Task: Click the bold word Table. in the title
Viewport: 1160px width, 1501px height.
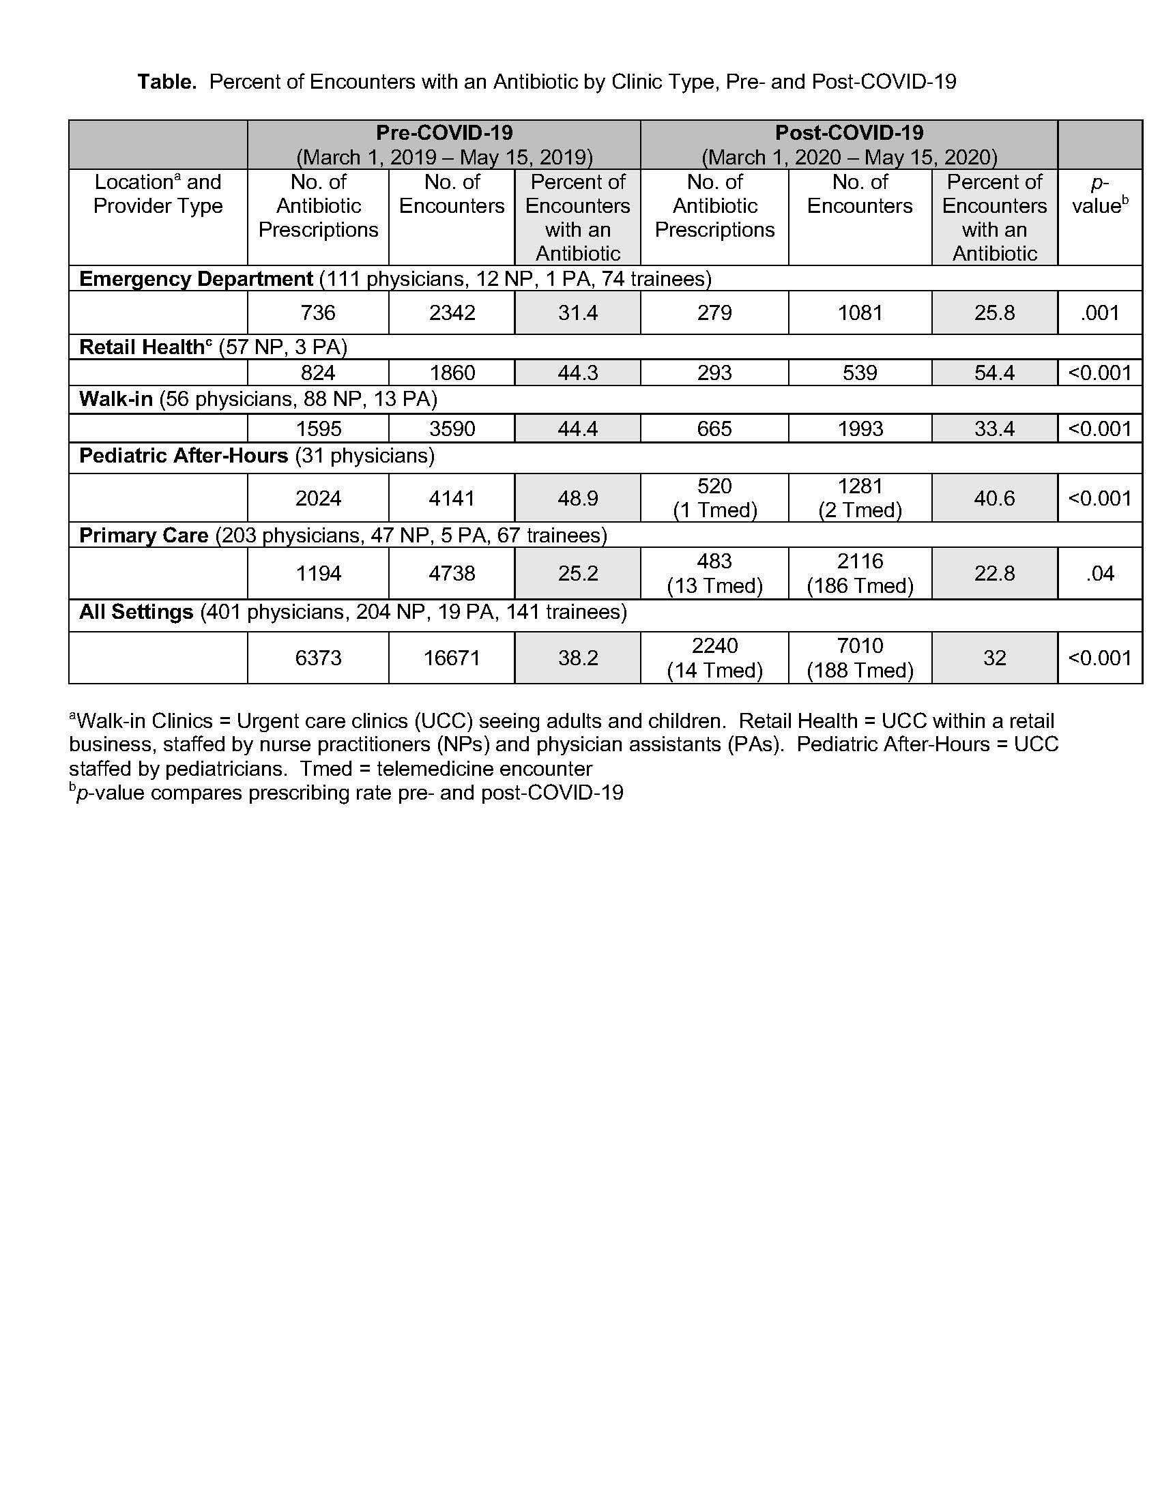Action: click(167, 82)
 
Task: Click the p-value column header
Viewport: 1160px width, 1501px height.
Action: click(1099, 194)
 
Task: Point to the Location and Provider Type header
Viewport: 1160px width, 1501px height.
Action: click(158, 194)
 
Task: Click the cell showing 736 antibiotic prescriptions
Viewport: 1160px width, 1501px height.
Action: click(318, 312)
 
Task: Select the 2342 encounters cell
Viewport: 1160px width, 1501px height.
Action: click(452, 312)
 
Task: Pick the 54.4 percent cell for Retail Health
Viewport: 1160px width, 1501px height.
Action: click(994, 373)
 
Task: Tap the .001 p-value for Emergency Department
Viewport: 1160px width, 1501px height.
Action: click(1099, 312)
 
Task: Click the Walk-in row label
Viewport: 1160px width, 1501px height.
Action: click(116, 399)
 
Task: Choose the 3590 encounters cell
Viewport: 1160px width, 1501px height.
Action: click(452, 429)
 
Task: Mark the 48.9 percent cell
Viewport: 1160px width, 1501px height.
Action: click(578, 497)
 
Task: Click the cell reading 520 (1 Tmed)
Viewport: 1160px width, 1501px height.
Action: click(714, 497)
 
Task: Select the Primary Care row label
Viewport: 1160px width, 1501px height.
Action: click(143, 536)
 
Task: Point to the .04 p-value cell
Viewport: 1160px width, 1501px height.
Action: click(1099, 573)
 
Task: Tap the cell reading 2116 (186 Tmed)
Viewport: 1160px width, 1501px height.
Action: click(860, 573)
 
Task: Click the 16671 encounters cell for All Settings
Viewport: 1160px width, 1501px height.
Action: click(452, 658)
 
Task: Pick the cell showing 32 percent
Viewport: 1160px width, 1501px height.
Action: click(994, 658)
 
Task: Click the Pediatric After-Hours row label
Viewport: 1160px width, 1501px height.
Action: click(184, 456)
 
